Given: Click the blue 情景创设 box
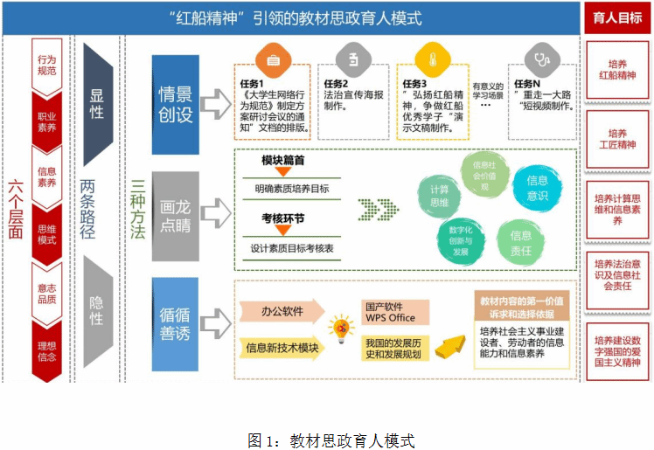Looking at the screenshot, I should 175,102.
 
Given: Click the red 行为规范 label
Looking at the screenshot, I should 47,65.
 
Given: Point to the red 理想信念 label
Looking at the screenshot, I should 47,350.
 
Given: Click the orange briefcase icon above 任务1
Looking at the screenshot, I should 273,61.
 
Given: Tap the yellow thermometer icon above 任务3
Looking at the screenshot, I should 431,61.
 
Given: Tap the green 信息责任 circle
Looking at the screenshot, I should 520,241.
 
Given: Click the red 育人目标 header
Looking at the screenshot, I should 617,17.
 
